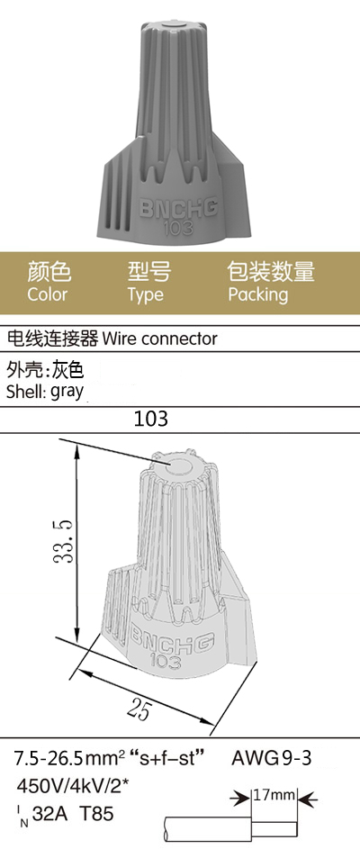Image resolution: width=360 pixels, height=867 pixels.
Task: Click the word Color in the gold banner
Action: click(47, 294)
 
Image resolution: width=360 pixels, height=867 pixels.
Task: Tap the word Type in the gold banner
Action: click(146, 295)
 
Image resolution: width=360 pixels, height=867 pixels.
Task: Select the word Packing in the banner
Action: click(258, 295)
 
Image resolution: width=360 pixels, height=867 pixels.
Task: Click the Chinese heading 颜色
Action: click(49, 272)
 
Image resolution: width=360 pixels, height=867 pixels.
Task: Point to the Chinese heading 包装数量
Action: click(271, 272)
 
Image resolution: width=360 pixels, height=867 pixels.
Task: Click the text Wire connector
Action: click(160, 339)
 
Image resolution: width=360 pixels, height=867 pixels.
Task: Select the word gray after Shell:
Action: click(67, 392)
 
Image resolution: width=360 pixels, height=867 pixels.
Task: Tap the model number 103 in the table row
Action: click(151, 420)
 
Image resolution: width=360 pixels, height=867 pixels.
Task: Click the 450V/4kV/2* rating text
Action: click(76, 785)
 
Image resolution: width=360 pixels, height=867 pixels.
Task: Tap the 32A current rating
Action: click(51, 814)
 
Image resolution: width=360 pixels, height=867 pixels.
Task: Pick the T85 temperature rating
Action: click(97, 814)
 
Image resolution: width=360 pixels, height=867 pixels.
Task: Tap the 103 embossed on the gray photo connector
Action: click(178, 227)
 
